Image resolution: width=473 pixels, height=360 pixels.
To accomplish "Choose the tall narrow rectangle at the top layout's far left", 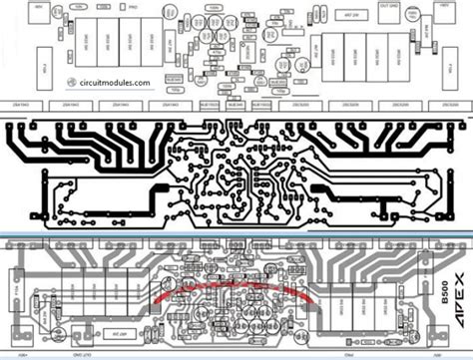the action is (17, 68).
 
